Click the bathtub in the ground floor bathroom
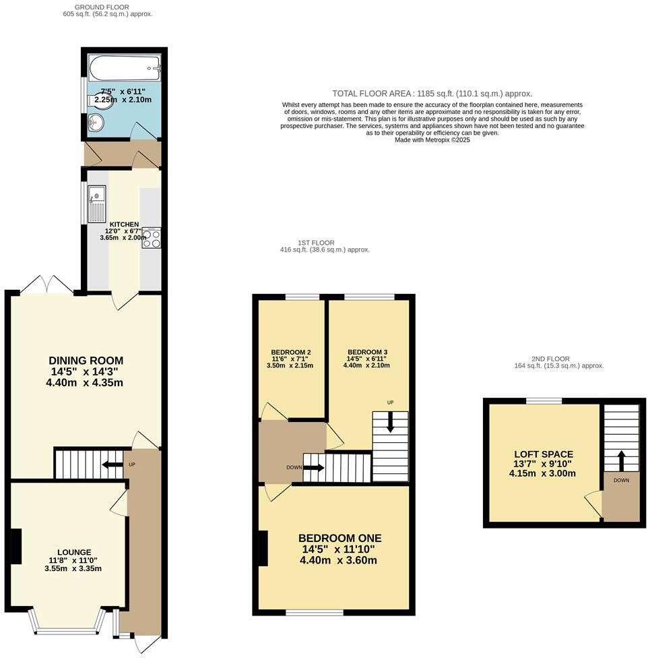[x=125, y=67]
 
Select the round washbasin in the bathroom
[x=95, y=123]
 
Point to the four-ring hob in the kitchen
[x=152, y=238]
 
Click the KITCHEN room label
[x=125, y=225]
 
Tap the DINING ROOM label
[x=86, y=361]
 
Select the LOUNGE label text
[x=74, y=552]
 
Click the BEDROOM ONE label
[x=339, y=538]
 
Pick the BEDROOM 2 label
[x=290, y=352]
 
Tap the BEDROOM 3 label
[x=367, y=352]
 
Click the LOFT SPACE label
[x=543, y=454]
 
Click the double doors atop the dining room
[x=47, y=286]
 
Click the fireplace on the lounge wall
[x=15, y=546]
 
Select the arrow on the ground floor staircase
[x=108, y=464]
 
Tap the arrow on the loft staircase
[x=621, y=461]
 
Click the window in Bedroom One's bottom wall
[x=314, y=612]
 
